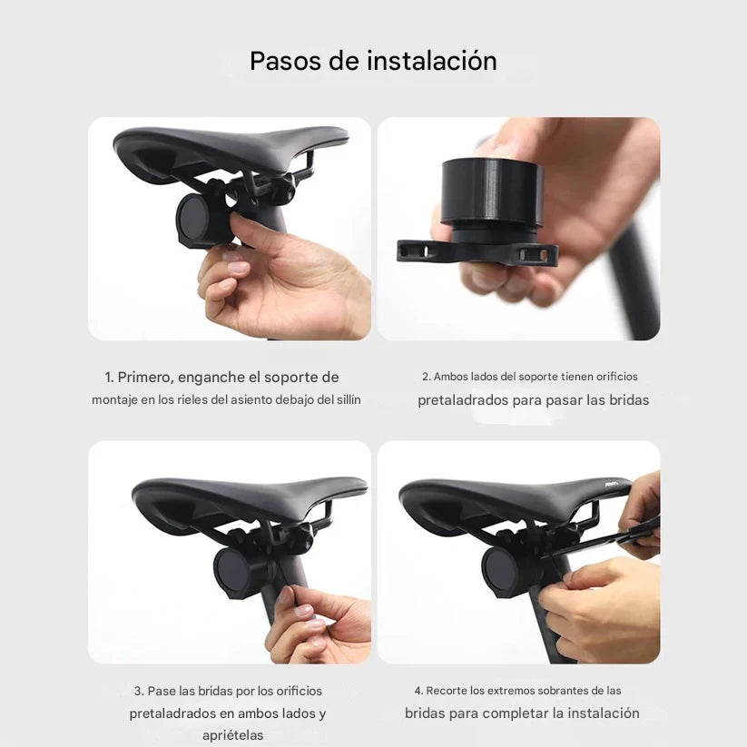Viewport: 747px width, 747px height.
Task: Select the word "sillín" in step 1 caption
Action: tap(345, 400)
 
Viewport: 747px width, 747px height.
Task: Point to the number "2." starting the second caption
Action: tap(426, 377)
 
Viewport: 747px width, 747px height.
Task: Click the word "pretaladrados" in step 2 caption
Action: tap(467, 400)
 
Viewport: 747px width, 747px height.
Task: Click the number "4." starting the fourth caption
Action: tap(418, 691)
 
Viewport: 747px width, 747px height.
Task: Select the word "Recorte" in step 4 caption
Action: tap(447, 691)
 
